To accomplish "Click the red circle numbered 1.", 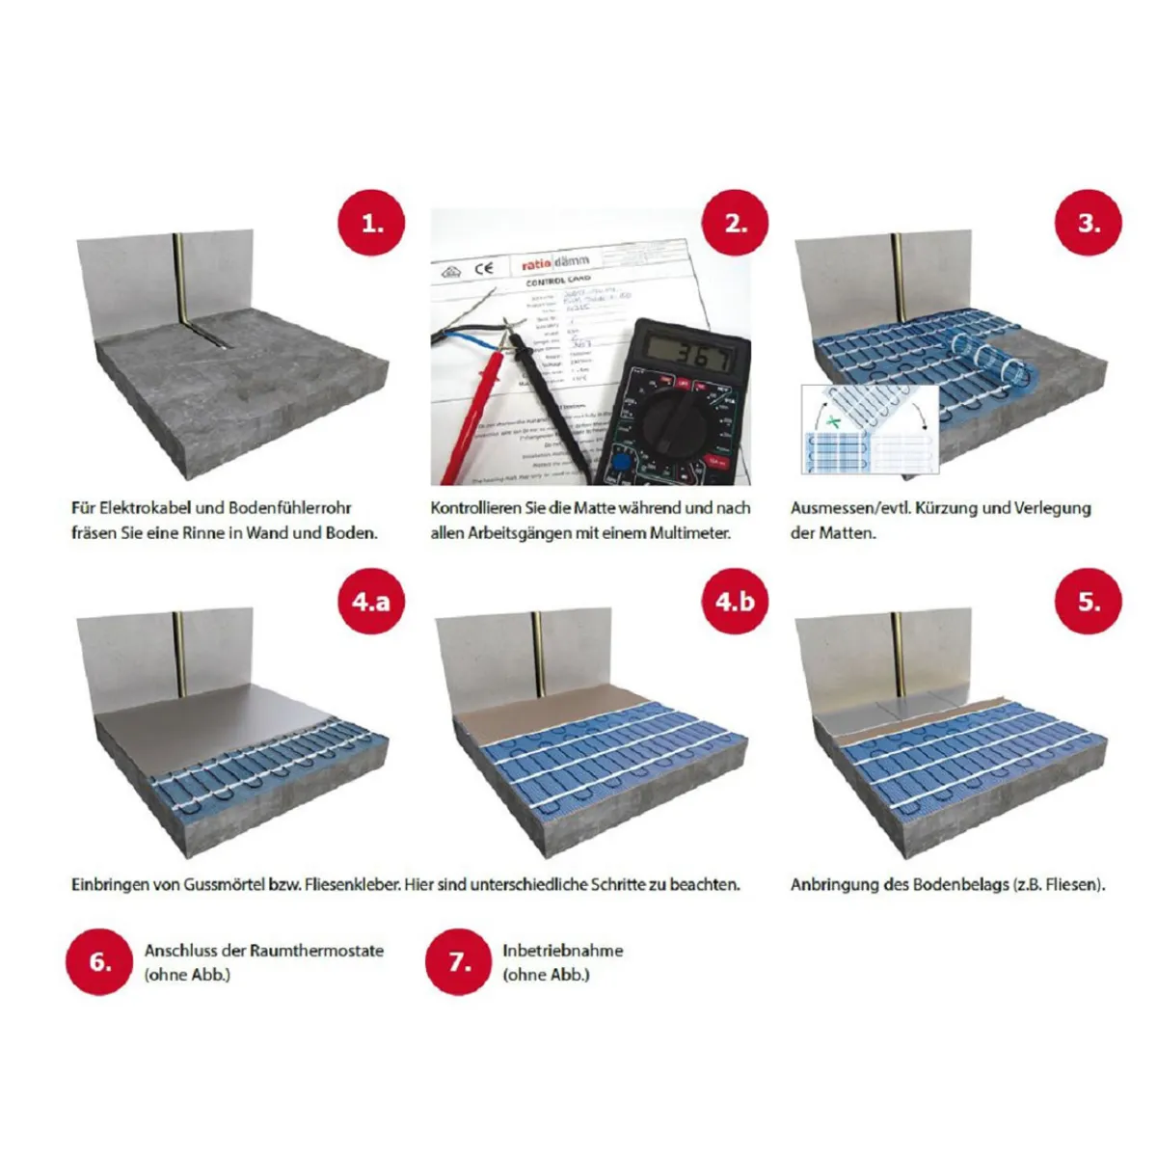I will [370, 224].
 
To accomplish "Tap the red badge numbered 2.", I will [736, 224].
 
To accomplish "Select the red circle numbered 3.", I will [1089, 224].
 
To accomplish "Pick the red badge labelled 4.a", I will [370, 602].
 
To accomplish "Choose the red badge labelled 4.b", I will [736, 602].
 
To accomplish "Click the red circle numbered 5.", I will [1089, 602].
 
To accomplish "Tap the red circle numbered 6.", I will [99, 961].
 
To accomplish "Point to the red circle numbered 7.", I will [459, 961].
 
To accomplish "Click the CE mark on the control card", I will [484, 268].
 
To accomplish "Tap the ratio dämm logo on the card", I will [554, 261].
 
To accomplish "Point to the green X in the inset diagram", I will [835, 421].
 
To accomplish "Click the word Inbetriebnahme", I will [562, 950].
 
